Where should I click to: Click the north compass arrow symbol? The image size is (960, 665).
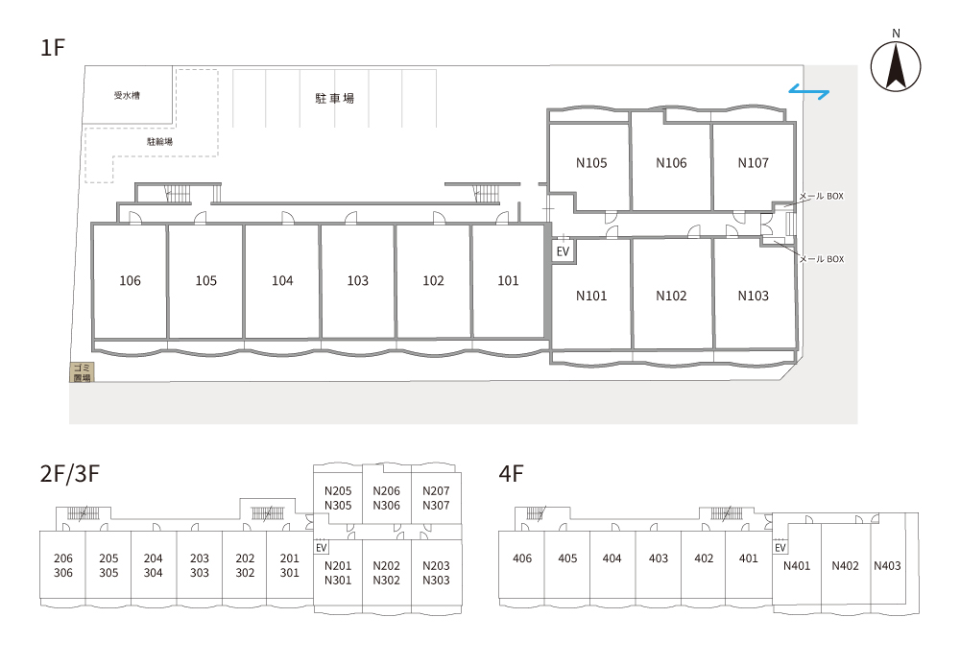[x=896, y=68]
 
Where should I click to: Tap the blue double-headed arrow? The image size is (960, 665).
[x=809, y=92]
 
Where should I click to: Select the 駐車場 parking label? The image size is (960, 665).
[x=334, y=97]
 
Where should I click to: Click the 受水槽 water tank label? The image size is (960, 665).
[x=127, y=95]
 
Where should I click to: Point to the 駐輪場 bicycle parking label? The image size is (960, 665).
[x=159, y=141]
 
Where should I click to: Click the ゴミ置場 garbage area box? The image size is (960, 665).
[x=82, y=373]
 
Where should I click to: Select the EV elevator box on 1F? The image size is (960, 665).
[x=564, y=251]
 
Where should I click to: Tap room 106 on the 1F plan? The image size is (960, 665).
[x=130, y=281]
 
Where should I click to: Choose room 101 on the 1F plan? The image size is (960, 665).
[x=508, y=281]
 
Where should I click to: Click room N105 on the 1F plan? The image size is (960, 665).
[x=590, y=163]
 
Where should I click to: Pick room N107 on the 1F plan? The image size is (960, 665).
[x=753, y=163]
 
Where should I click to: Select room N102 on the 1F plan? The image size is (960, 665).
[x=671, y=296]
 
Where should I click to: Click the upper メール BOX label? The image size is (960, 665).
[x=821, y=196]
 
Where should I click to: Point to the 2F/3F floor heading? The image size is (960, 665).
[x=70, y=473]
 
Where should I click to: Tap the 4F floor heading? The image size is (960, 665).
[x=511, y=473]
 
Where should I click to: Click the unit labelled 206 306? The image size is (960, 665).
[x=63, y=566]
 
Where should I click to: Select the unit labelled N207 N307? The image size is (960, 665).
[x=436, y=498]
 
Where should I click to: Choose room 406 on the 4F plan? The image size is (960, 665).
[x=522, y=558]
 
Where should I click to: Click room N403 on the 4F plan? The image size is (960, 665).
[x=887, y=566]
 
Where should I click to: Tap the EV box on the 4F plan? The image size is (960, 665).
[x=780, y=548]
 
